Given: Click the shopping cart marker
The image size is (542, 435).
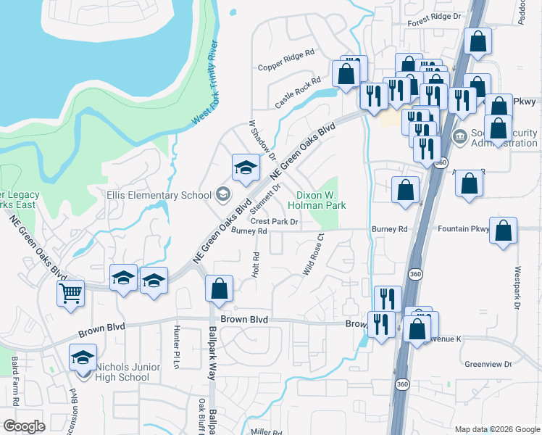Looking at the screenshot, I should [70, 293].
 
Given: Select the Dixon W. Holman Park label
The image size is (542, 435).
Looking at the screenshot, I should [322, 200].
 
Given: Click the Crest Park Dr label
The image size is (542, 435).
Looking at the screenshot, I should [275, 221].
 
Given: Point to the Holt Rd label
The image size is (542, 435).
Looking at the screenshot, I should [256, 265].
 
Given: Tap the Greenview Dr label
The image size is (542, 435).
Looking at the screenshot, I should [488, 365].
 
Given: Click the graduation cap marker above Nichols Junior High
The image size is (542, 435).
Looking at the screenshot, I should [83, 357].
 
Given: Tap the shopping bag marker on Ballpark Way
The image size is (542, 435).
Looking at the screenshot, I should [218, 289].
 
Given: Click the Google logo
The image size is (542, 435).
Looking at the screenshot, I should [25, 426].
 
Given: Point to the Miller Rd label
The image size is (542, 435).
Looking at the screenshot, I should [266, 432].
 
